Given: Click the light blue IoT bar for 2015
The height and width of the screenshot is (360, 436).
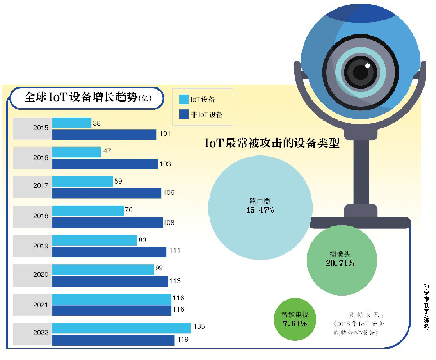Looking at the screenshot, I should point(72,123).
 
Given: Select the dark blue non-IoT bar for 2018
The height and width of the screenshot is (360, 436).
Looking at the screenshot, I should point(108,223).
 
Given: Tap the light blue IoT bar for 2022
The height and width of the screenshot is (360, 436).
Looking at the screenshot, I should point(121,328).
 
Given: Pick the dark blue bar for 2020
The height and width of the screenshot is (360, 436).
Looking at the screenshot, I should point(110,281).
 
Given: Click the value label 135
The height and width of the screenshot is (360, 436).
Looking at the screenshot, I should point(199,326).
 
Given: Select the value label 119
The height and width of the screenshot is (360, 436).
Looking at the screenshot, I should point(183,339).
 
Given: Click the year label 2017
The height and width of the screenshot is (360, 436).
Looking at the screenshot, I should point(41,186).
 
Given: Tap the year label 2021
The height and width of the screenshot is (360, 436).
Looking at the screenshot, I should point(41,305).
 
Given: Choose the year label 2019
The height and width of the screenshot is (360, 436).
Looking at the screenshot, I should point(41,246).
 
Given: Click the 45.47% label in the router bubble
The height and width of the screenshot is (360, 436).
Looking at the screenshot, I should point(260,210).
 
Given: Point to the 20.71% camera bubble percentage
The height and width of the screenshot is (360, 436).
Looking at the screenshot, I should point(340,263).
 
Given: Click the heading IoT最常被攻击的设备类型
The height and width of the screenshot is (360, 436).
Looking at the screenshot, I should point(272,143).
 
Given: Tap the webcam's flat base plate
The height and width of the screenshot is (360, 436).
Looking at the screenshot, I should point(360,223).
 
